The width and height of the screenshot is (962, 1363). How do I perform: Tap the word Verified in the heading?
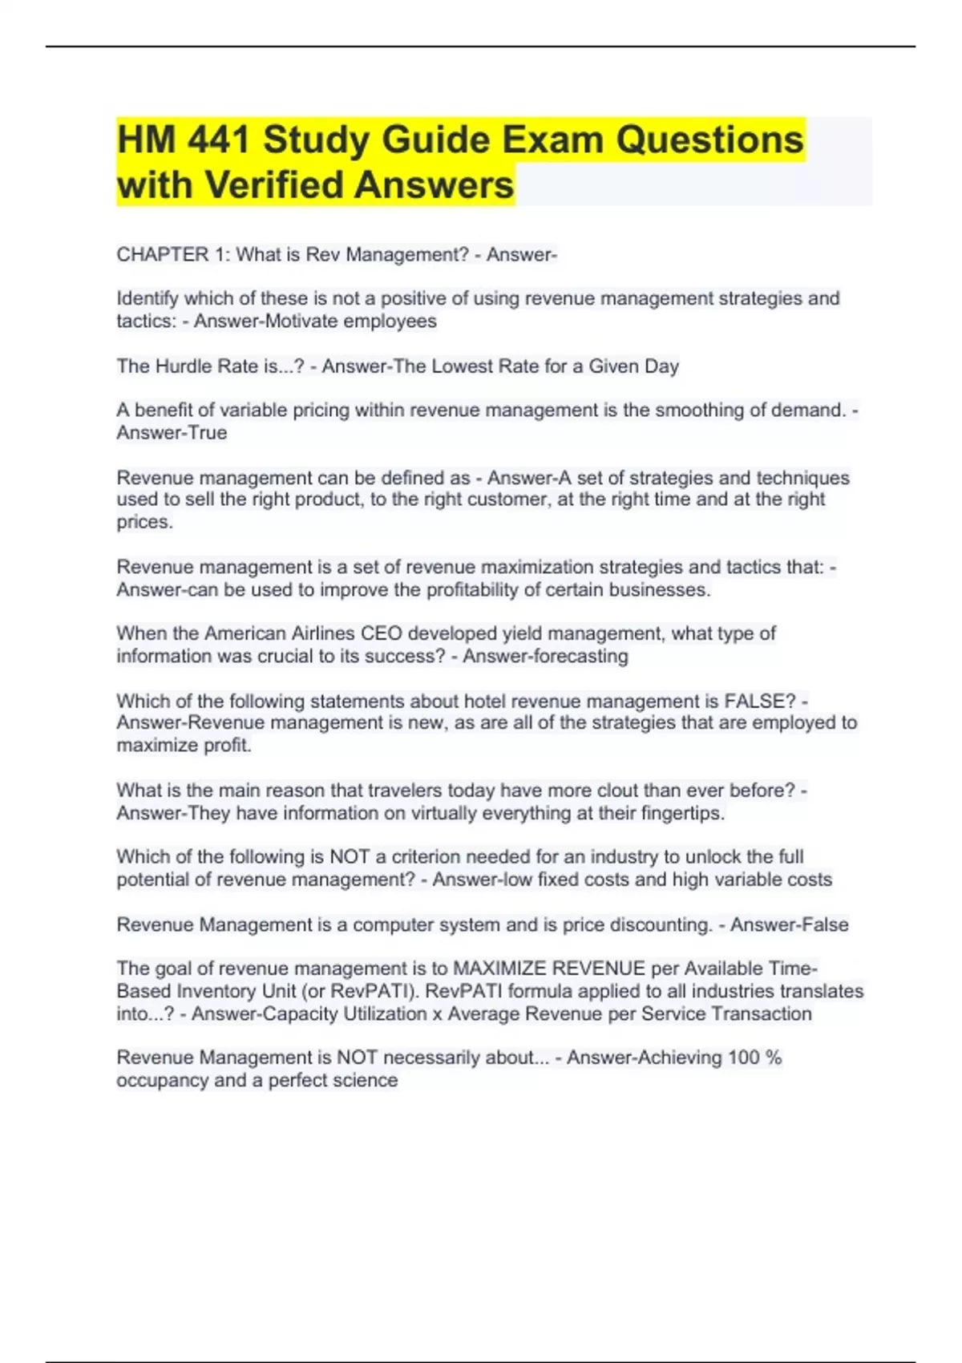pyautogui.click(x=275, y=185)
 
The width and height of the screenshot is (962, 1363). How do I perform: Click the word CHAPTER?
pyautogui.click(x=163, y=255)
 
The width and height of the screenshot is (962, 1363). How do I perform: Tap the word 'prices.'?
pyautogui.click(x=145, y=522)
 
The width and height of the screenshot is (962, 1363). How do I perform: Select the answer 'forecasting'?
pyautogui.click(x=570, y=656)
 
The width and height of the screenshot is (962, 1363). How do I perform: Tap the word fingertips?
pyautogui.click(x=683, y=813)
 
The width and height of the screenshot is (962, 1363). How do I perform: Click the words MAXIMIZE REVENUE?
pyautogui.click(x=549, y=969)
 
